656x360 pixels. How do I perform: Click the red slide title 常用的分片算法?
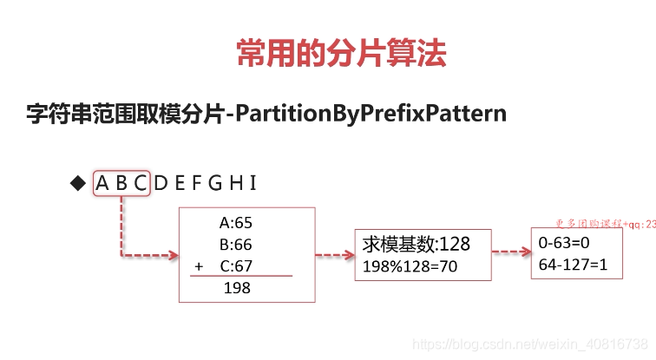click(341, 55)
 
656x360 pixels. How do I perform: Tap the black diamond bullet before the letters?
click(77, 183)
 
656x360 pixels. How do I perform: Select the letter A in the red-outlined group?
click(103, 183)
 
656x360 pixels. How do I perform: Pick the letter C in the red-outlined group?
click(140, 183)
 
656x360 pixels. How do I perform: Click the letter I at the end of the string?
click(253, 183)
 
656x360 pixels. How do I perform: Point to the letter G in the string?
click(215, 183)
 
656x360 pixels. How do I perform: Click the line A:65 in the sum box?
click(236, 223)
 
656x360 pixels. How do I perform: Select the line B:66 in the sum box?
click(236, 245)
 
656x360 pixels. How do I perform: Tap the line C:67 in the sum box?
click(236, 266)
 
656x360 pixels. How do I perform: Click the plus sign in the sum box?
click(199, 266)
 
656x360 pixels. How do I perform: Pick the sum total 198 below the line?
click(237, 288)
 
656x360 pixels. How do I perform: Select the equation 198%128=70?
click(410, 265)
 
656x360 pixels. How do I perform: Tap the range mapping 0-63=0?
click(564, 243)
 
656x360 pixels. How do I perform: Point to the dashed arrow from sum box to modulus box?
click(333, 255)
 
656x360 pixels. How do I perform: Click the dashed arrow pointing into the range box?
click(511, 252)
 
